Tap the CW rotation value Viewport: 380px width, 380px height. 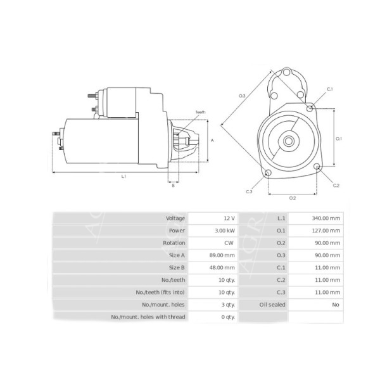pyautogui.click(x=229, y=243)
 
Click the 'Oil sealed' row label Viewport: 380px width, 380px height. pyautogui.click(x=273, y=304)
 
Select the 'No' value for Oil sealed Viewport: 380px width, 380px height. pyautogui.click(x=335, y=304)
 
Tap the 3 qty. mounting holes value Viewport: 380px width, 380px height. pyautogui.click(x=226, y=304)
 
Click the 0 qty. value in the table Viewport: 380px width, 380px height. pyautogui.click(x=226, y=317)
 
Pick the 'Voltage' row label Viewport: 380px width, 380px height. pyautogui.click(x=175, y=218)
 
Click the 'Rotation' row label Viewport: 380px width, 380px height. pyautogui.click(x=174, y=243)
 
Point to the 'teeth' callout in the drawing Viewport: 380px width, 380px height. pyautogui.click(x=200, y=111)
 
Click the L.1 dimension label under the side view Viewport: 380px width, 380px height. pyautogui.click(x=125, y=176)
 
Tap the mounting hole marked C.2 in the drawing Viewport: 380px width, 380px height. pyautogui.click(x=317, y=167)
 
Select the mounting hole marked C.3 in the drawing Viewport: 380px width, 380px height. pyautogui.click(x=267, y=173)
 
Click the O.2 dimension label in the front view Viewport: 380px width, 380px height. pyautogui.click(x=293, y=198)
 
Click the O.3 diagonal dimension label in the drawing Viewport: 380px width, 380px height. pyautogui.click(x=242, y=96)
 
